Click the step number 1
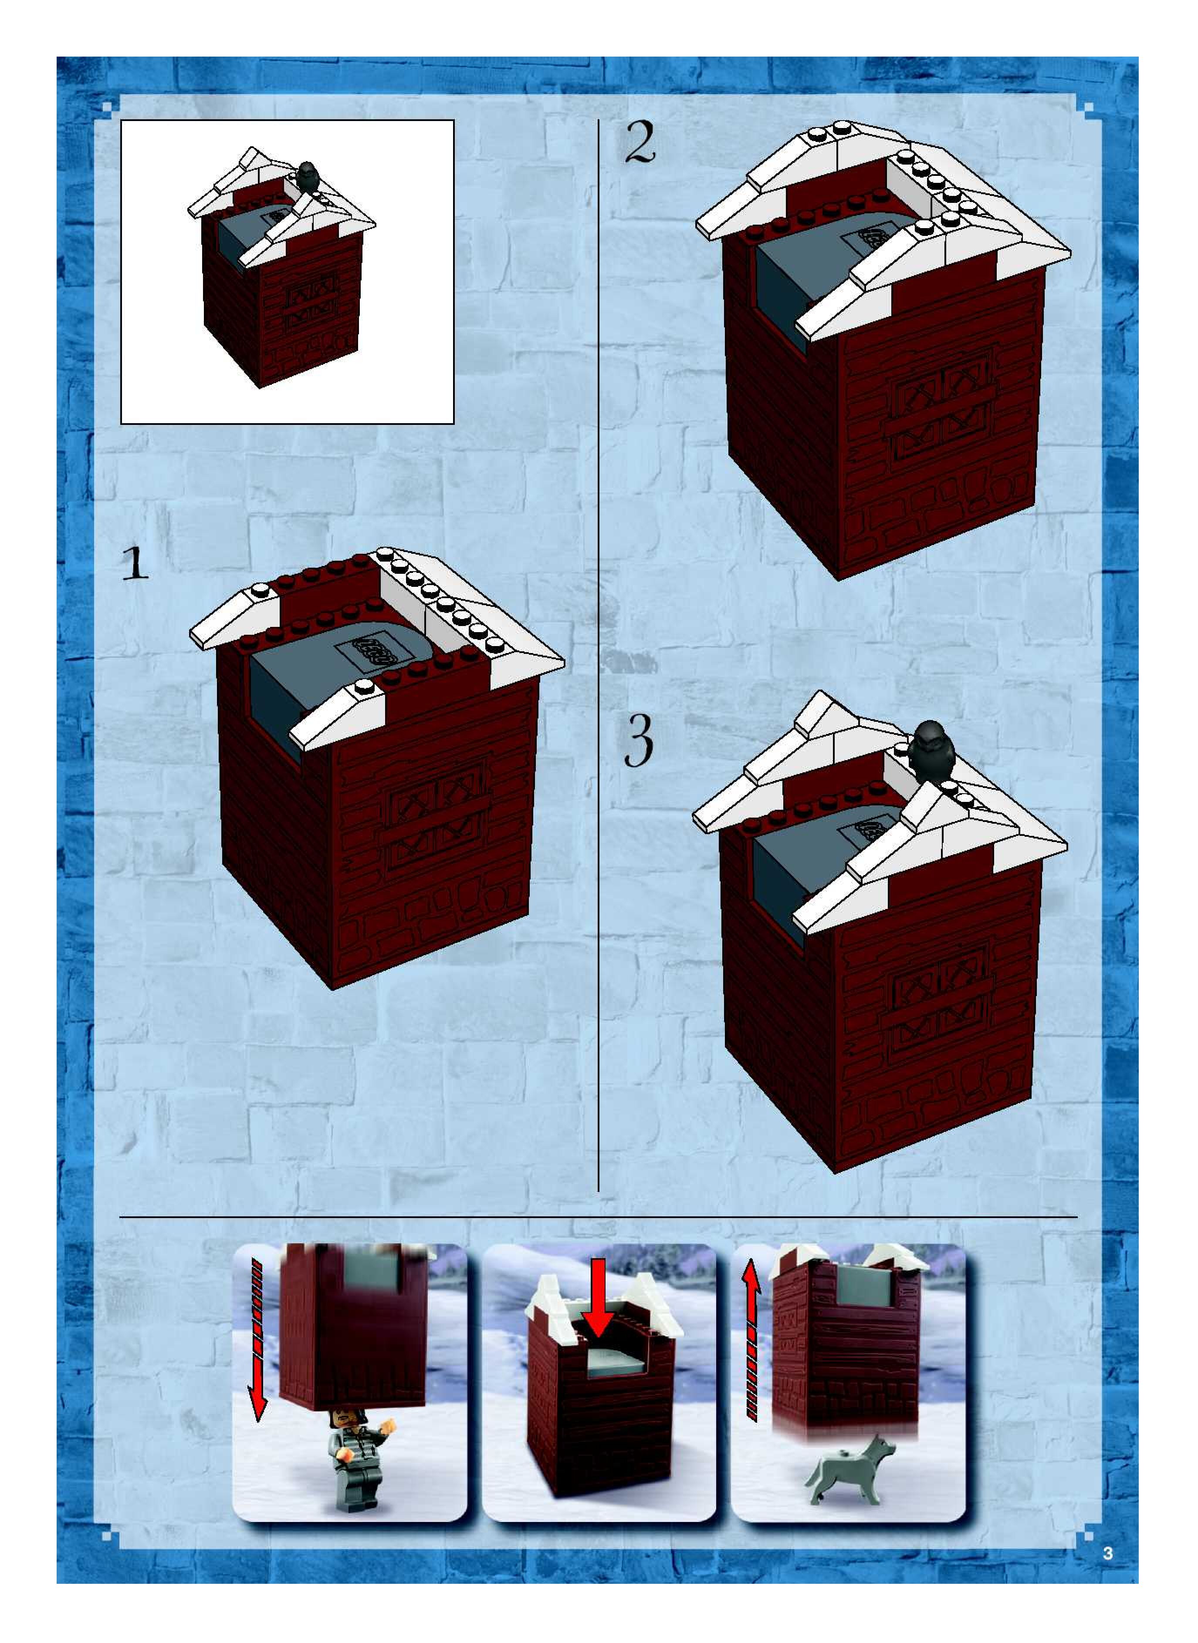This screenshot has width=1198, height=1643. tap(135, 563)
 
